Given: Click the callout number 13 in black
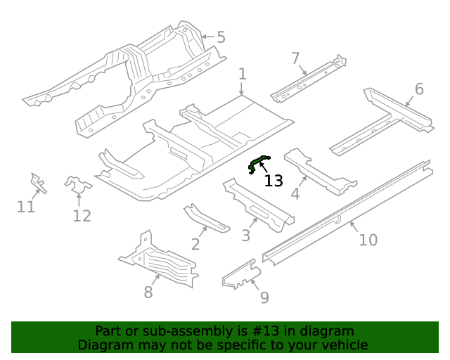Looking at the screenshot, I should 274,181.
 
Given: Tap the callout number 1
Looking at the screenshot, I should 242,75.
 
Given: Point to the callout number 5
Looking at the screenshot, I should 221,37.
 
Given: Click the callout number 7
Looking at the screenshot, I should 295,58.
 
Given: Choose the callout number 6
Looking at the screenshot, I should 419,89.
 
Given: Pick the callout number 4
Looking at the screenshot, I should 296,193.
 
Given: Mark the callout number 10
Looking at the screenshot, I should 368,240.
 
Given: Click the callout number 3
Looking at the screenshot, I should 246,236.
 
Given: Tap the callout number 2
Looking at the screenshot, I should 195,244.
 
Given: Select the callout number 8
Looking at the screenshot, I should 148,292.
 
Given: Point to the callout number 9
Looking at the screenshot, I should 264,297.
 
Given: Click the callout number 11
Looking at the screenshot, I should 26,207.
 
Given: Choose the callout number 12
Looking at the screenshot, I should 82,216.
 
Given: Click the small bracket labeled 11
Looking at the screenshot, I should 37,183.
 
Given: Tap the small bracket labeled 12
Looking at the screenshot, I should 78,185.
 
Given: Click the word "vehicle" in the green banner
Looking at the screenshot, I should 344,345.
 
